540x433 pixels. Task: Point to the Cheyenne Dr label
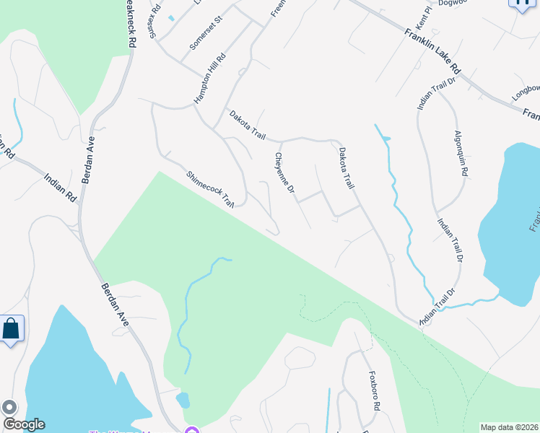pos(285,173)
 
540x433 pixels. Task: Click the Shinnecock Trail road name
pos(212,189)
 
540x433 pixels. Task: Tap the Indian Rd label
pos(60,186)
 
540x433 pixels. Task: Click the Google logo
pos(23,424)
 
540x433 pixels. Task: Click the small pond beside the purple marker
pos(183,400)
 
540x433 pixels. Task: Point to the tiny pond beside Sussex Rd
pos(171,17)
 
